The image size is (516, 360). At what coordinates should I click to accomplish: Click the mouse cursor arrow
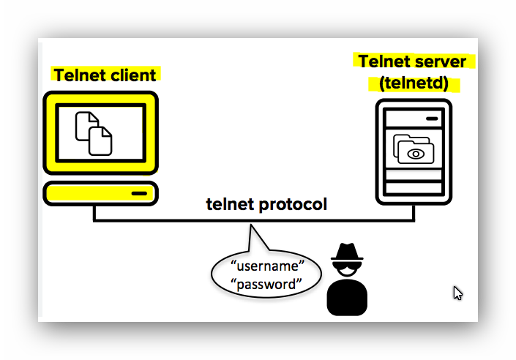point(457,293)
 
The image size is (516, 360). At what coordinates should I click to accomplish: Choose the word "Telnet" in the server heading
point(385,61)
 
